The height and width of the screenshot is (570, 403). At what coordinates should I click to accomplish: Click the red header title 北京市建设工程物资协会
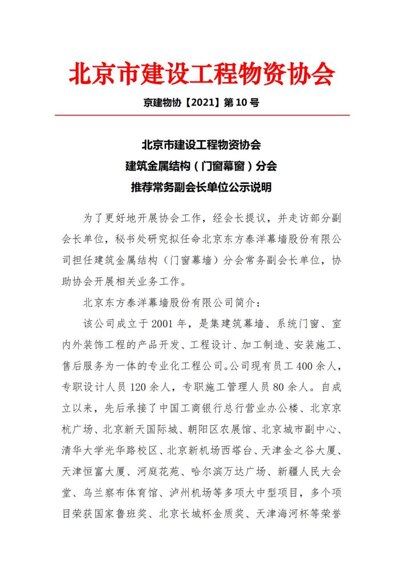(x=201, y=75)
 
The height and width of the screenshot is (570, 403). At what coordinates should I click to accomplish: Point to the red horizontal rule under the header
(x=201, y=116)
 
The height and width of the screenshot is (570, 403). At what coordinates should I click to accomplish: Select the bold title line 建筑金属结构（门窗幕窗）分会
(x=201, y=166)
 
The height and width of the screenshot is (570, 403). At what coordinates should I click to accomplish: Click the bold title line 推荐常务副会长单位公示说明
(x=201, y=186)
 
